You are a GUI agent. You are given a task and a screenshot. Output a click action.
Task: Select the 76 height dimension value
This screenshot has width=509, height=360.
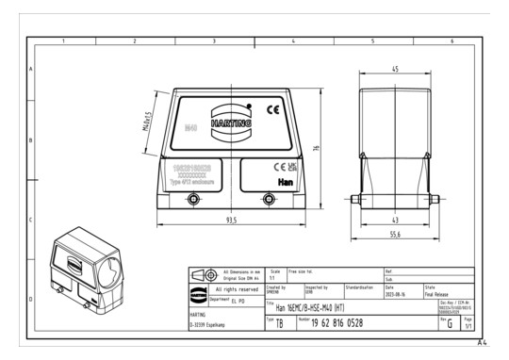pos(318,147)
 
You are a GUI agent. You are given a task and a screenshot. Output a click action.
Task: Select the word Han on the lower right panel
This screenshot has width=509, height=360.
pos(286,176)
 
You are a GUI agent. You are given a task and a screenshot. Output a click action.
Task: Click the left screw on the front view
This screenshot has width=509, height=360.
pos(193,198)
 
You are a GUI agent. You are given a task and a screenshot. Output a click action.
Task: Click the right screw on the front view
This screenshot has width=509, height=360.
pos(271,198)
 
